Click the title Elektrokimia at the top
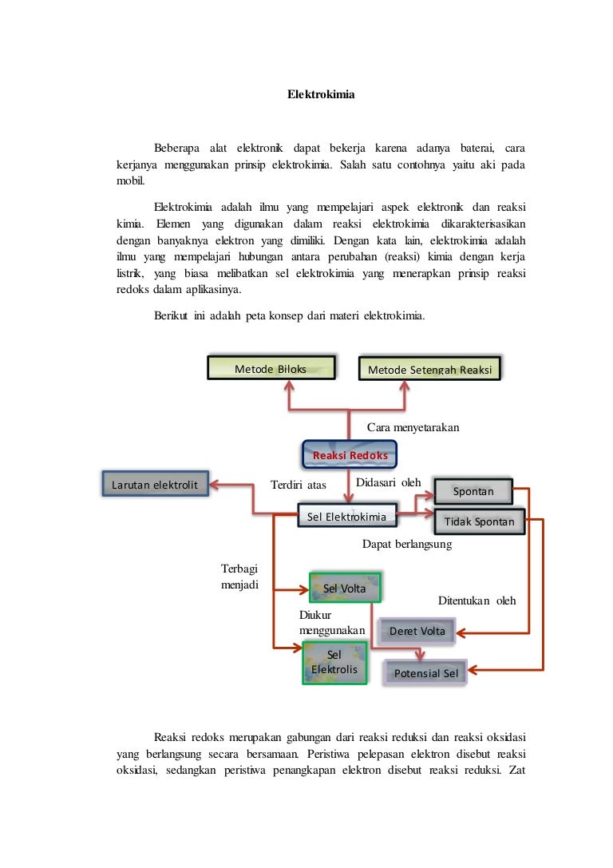(321, 94)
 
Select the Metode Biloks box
(271, 368)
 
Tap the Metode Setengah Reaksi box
(430, 369)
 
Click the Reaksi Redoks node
(350, 454)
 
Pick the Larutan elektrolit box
(156, 484)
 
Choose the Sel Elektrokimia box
(347, 515)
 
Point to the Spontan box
(473, 491)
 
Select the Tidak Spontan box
(480, 521)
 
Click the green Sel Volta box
(346, 588)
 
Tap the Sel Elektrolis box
(334, 663)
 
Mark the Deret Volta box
(417, 631)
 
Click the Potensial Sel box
(426, 673)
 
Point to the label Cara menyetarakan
(413, 427)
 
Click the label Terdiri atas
(299, 485)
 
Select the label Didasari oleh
(389, 482)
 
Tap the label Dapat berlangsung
(407, 544)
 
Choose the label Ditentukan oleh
(477, 600)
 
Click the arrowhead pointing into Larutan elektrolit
(214, 485)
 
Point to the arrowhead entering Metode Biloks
(289, 385)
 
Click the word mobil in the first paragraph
(131, 180)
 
